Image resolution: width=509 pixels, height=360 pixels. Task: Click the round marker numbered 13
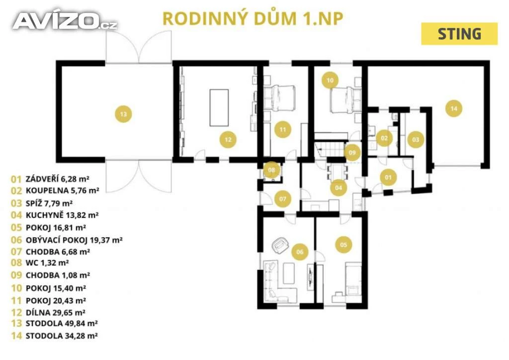123,114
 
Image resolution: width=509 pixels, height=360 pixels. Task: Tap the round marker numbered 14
453,108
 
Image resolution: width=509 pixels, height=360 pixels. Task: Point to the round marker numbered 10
330,79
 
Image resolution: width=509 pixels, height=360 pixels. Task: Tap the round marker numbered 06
299,252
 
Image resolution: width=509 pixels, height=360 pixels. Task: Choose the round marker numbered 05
343,244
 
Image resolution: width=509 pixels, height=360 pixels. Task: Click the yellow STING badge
459,34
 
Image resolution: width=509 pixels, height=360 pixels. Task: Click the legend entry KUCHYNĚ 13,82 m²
55,215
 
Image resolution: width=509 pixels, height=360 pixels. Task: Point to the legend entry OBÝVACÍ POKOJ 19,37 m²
67,239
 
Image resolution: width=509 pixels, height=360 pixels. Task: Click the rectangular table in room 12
219,107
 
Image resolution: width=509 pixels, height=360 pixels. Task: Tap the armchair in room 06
280,244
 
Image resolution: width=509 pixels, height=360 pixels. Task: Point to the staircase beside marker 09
330,148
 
